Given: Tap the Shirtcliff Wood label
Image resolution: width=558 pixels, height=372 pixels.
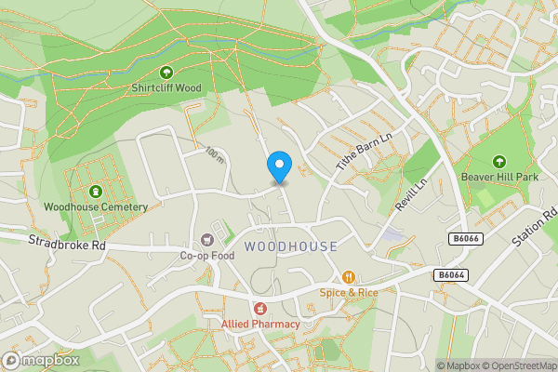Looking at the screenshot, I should pos(166,88).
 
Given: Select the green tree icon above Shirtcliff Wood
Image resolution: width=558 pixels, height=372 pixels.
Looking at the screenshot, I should pos(166,72).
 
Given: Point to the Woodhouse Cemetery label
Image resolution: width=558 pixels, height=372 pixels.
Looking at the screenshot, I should pos(96,206).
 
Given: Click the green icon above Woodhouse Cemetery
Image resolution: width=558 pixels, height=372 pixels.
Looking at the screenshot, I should pos(96,190).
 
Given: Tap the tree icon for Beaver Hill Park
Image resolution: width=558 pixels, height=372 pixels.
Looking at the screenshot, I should pos(498,160).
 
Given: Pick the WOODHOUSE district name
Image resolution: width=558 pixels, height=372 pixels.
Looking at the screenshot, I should pos(291,246).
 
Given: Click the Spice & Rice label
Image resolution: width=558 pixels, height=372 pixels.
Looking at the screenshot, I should pos(349,292).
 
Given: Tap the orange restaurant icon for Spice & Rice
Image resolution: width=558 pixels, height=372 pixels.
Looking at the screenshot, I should pos(349,276).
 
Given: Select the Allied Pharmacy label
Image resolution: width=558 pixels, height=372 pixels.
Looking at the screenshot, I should pos(260,324).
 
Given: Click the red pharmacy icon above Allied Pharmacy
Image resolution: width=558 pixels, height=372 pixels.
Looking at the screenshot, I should pos(260,308).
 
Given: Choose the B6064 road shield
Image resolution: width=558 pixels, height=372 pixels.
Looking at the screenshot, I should pos(449,275).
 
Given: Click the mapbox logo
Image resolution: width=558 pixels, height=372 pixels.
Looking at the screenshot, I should pos(39,360).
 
